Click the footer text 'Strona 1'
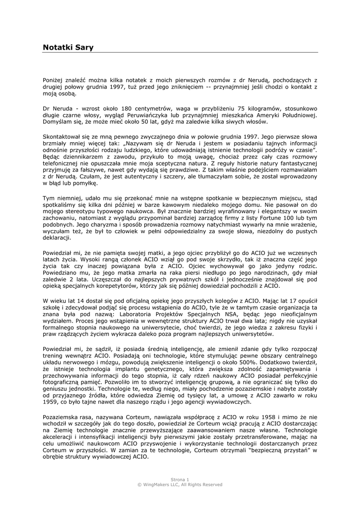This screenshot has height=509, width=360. pyautogui.click(x=180, y=479)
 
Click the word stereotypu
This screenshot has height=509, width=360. pyautogui.click(x=80, y=204)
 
